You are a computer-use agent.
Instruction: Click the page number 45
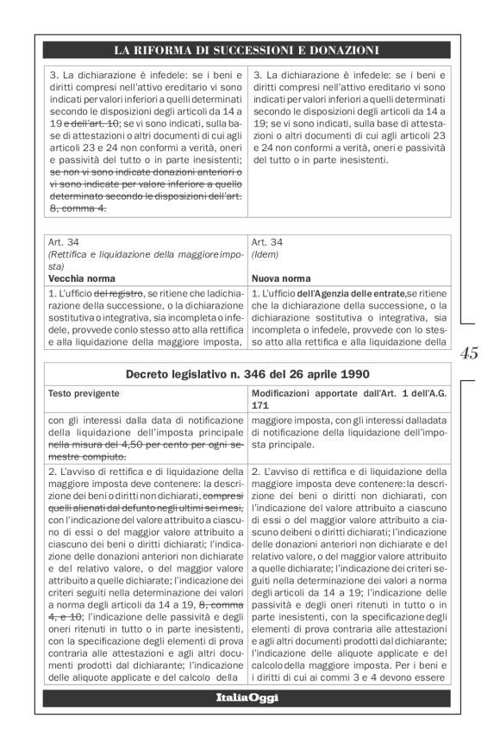click(x=470, y=353)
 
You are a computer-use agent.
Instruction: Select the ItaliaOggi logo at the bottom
click(x=247, y=696)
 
